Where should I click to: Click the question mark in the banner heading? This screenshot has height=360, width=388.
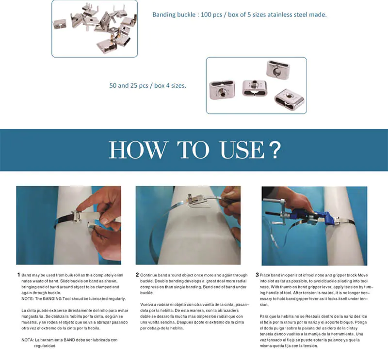(274, 150)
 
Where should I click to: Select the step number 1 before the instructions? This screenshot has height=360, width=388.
(18, 275)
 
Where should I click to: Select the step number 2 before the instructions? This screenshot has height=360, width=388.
(137, 275)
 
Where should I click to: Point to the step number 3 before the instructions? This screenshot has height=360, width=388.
(257, 275)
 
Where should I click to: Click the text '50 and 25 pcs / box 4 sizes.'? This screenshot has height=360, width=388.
(147, 86)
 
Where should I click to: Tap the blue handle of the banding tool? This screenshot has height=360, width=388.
(318, 218)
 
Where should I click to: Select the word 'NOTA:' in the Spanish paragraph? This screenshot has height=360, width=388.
(28, 340)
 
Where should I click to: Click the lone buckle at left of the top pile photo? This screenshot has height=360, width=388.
(60, 23)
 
